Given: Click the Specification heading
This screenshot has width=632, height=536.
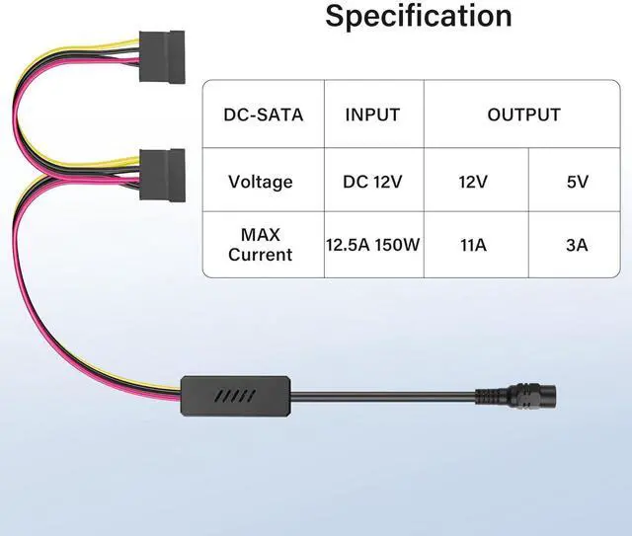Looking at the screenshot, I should coord(419,16).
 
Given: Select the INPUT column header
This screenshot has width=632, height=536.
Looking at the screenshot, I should coord(372,115).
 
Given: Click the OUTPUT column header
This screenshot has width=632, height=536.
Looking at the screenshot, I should coord(523,115).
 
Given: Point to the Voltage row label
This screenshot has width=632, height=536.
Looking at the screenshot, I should coord(261,182).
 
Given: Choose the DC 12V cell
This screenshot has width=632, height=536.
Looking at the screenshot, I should coord(372,182).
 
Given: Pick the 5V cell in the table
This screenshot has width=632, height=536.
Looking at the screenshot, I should coord(578,182).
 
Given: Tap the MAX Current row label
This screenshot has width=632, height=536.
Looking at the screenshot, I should coord(261,244).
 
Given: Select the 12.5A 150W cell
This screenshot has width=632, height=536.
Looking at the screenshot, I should coord(373,244).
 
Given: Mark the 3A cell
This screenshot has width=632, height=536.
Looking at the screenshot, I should coord(578,244).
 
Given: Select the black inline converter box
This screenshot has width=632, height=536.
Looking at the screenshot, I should coord(234,395).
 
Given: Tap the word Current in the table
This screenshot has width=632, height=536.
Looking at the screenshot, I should coord(261,255).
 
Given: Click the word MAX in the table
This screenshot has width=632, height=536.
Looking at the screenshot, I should coord(261,234).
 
